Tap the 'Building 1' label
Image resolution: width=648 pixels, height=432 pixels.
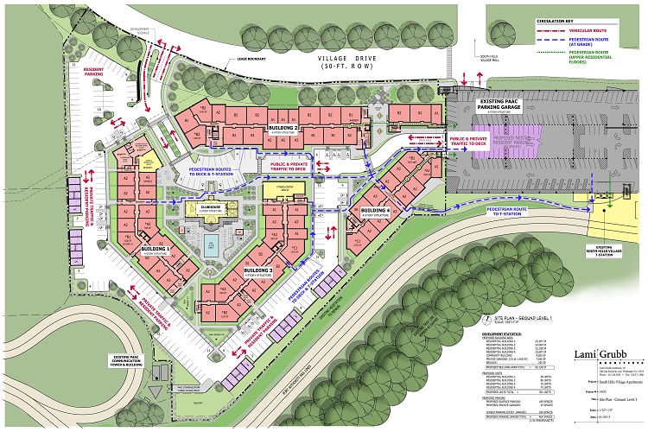pos(155,248)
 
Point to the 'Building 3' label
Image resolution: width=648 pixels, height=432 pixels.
pos(258,271)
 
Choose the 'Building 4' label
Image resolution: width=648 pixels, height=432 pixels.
pos(376,211)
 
